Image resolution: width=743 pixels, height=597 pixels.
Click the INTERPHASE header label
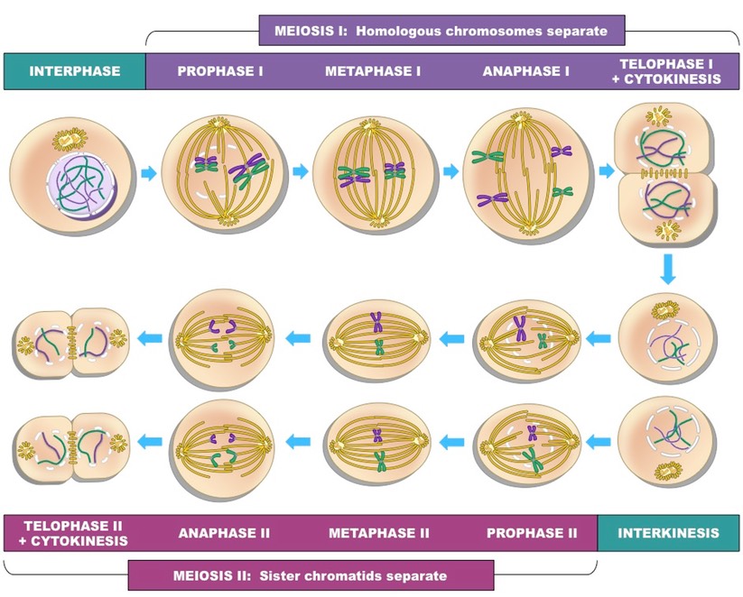click(x=75, y=71)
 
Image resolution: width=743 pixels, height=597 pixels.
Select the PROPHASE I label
click(x=220, y=71)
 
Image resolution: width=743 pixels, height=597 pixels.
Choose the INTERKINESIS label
click(x=669, y=532)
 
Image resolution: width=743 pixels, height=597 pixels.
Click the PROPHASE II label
click(x=531, y=532)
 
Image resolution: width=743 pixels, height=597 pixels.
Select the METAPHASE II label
click(x=378, y=532)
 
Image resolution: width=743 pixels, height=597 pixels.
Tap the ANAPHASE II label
click(x=225, y=532)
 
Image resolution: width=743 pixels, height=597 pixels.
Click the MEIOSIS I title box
click(x=441, y=31)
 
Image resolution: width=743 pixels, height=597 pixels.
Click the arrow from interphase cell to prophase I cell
click(x=149, y=171)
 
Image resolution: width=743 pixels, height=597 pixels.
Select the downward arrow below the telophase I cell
click(x=667, y=270)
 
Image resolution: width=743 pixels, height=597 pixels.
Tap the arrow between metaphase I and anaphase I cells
click(x=450, y=171)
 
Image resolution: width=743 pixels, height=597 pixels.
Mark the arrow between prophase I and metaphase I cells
click(x=302, y=171)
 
